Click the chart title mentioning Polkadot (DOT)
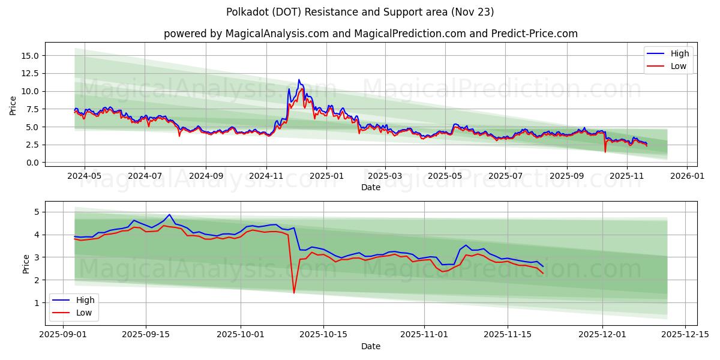[360, 12]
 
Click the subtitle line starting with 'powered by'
[370, 34]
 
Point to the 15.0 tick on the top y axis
[30, 56]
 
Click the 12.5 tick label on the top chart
[30, 73]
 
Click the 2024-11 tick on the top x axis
[266, 176]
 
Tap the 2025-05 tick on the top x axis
[445, 176]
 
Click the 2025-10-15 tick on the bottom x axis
[323, 335]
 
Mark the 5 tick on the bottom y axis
[37, 212]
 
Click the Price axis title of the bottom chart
[26, 263]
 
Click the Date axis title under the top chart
[370, 187]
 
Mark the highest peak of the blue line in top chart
[299, 80]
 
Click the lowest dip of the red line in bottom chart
[294, 293]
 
